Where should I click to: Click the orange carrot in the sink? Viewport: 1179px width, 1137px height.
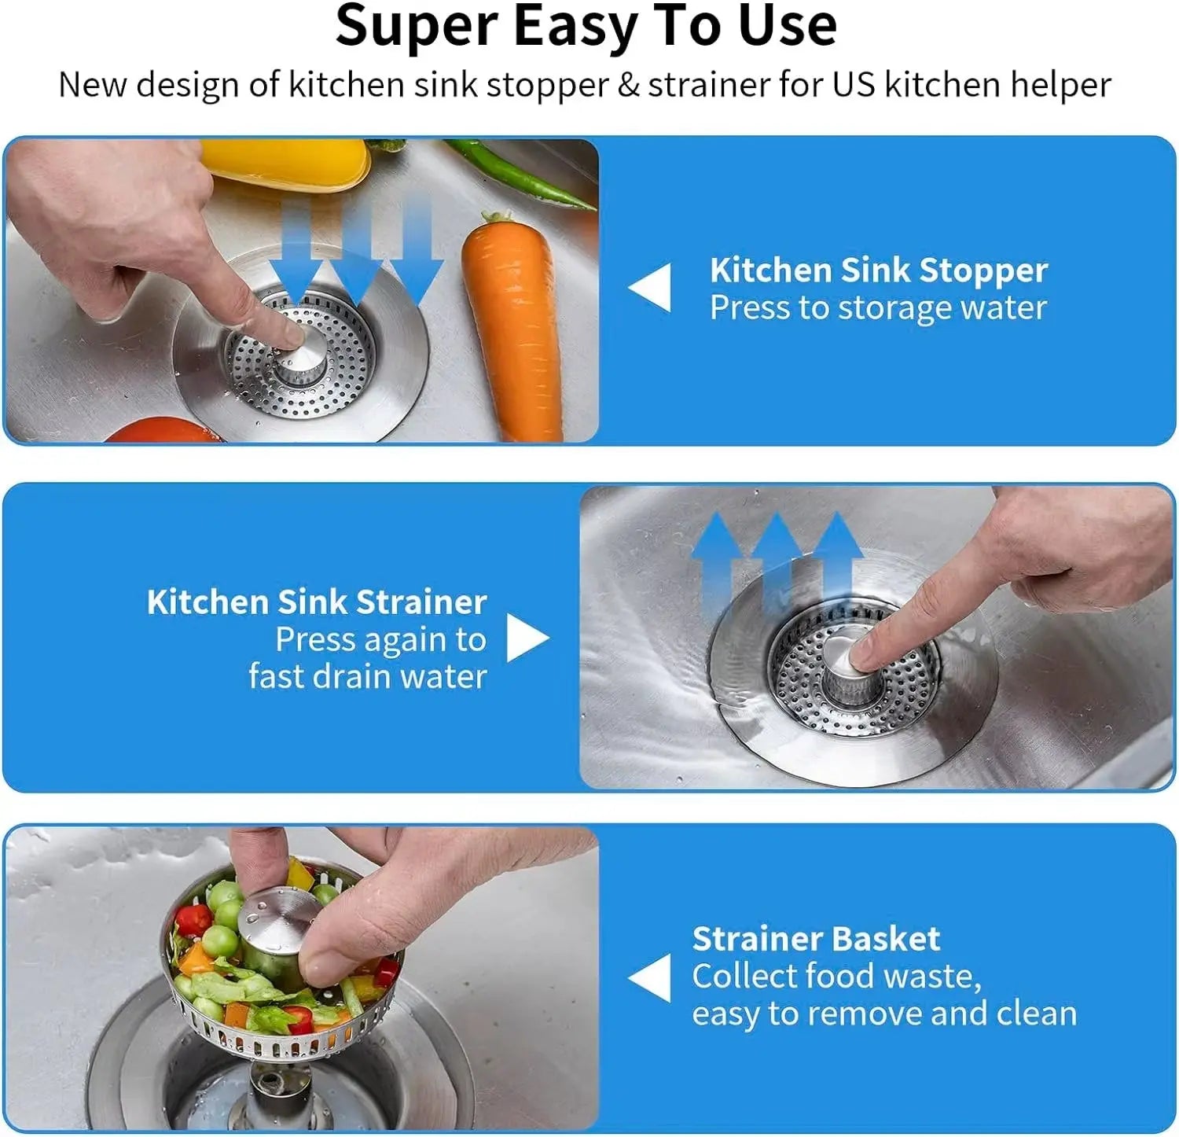[512, 330]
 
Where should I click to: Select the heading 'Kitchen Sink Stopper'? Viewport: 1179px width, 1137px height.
[878, 270]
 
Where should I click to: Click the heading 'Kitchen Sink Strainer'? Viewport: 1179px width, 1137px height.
[317, 602]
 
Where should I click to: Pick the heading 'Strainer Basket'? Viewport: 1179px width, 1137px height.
[816, 939]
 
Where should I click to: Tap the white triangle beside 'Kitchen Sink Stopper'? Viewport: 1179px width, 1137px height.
[652, 287]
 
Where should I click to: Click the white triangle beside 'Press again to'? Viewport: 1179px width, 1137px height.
[526, 638]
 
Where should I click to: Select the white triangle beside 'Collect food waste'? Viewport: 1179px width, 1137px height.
[652, 977]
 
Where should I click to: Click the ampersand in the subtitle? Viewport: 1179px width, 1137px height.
[628, 85]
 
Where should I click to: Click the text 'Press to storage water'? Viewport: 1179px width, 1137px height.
[878, 308]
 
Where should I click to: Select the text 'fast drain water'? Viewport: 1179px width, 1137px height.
[368, 676]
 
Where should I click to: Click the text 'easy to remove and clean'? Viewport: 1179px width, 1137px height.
[884, 1014]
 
